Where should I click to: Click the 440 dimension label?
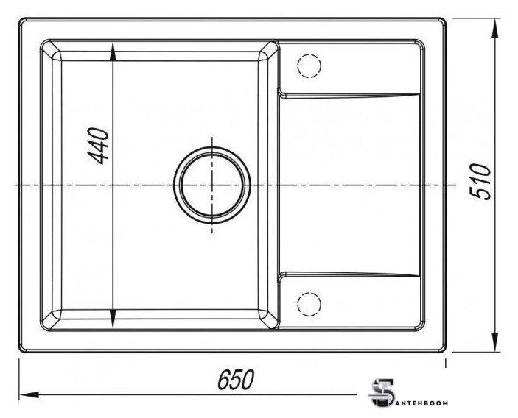coord(98,146)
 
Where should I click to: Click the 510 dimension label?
coord(480,182)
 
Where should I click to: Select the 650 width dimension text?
coord(236,380)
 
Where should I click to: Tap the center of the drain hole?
coord(212,185)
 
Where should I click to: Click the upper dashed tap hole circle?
coord(309,65)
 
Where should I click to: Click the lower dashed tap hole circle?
coord(309,304)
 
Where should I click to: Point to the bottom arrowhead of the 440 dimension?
coord(113,319)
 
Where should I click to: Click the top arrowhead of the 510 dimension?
coord(495,29)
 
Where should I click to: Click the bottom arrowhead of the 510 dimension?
coord(495,341)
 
